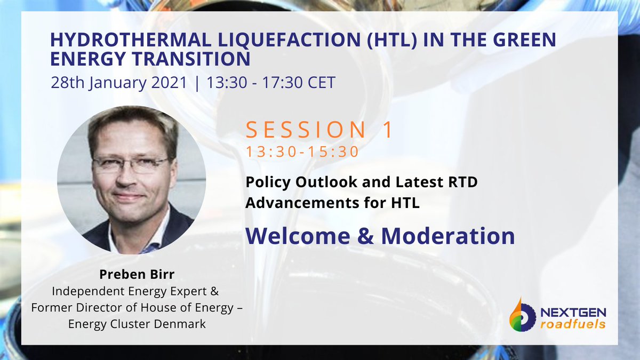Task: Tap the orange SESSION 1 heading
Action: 319,131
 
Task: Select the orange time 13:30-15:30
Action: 302,152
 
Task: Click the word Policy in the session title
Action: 267,182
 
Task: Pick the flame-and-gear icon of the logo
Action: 522,316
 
